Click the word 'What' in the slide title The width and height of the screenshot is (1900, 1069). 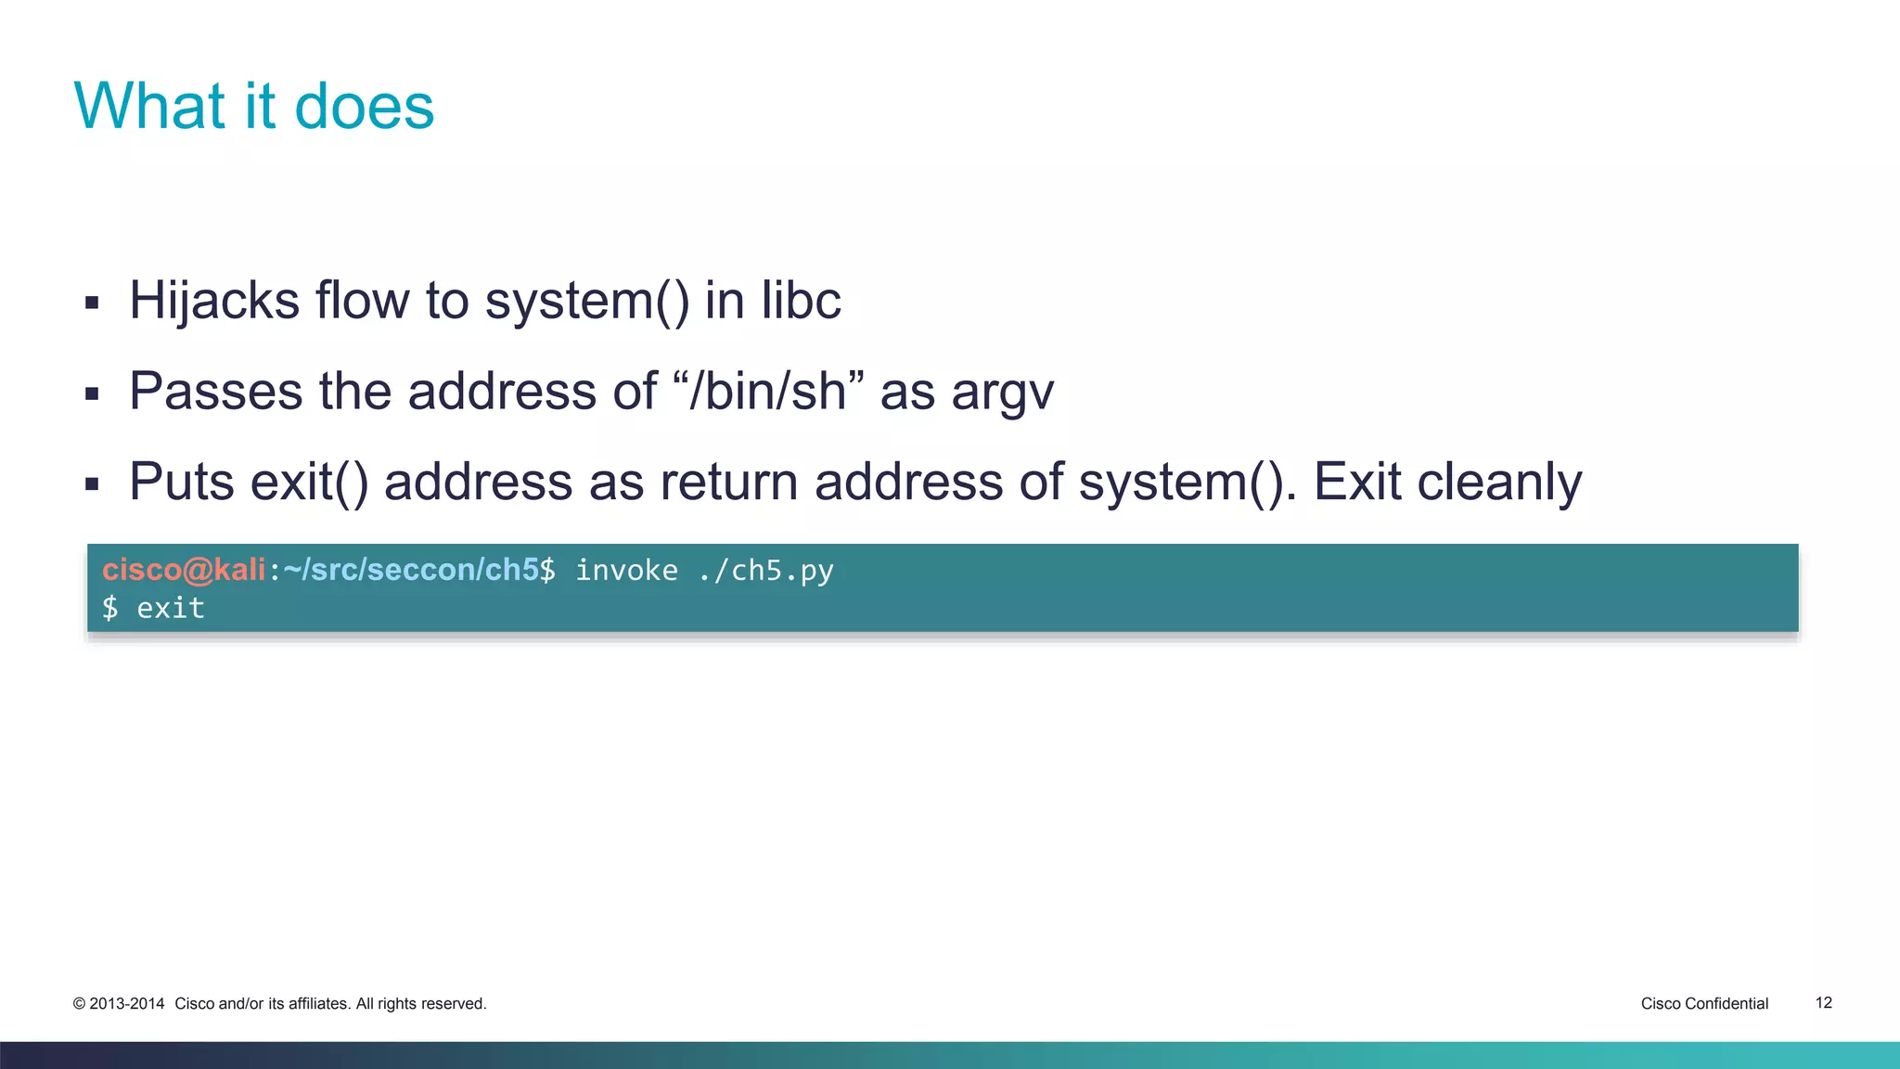[149, 106]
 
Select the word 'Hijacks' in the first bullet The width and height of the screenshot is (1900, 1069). [214, 301]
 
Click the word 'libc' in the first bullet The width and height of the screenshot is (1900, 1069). [801, 301]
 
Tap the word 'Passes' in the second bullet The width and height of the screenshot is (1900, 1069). [215, 391]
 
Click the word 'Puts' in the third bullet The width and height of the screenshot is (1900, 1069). [182, 482]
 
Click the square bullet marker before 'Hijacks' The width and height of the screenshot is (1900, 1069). [92, 303]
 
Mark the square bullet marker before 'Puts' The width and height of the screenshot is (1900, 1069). [92, 483]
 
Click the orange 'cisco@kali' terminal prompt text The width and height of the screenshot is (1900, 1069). [184, 570]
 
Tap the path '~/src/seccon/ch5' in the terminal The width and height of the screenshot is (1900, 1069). [411, 570]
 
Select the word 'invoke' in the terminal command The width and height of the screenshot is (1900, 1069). [626, 570]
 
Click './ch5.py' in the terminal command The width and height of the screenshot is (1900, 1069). [765, 570]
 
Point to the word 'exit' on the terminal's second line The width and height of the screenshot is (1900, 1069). [171, 609]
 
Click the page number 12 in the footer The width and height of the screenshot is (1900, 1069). [1823, 1003]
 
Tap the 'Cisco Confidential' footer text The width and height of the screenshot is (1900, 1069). [1704, 1003]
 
